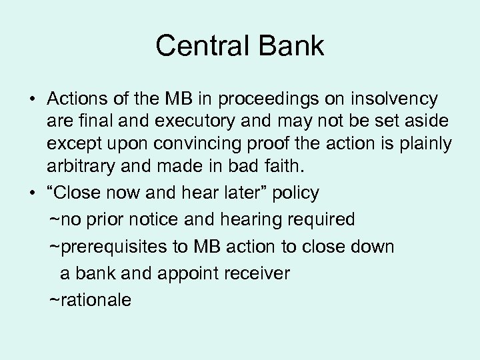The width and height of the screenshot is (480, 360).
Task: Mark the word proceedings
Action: click(x=255, y=100)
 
